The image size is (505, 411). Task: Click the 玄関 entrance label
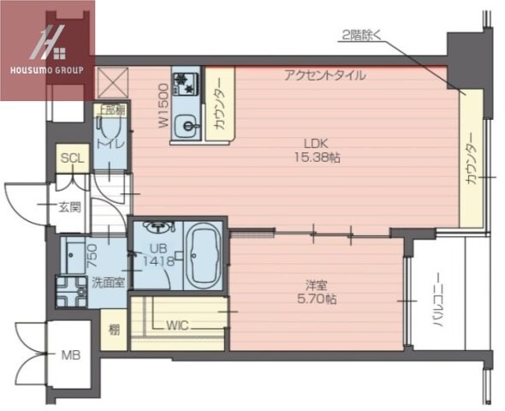(x=68, y=206)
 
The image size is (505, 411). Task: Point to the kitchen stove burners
(x=185, y=83)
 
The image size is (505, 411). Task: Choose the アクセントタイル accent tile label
(x=325, y=75)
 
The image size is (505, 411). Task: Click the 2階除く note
(x=365, y=35)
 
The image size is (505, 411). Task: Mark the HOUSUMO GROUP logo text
(x=46, y=70)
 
